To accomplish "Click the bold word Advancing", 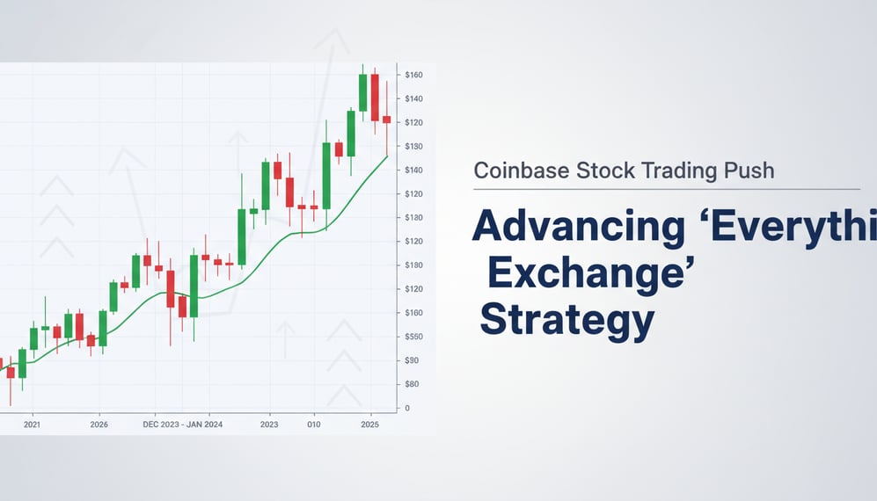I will pos(578,227).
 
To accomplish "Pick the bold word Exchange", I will pos(585,274).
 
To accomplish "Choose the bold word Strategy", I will pos(566,322).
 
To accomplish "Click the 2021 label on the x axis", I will pos(33,424).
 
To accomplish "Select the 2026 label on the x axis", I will pos(99,424).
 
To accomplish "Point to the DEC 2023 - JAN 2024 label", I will pos(182,424).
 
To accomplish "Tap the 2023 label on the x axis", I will pos(269,424).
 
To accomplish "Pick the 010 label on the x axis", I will pos(312,424).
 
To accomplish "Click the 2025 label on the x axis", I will pos(370,424).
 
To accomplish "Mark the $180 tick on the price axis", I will pos(413,265).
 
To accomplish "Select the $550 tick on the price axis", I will pos(413,337).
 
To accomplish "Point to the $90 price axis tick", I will pos(412,360).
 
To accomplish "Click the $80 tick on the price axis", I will pos(412,384).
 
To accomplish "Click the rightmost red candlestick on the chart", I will pos(386,120).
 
